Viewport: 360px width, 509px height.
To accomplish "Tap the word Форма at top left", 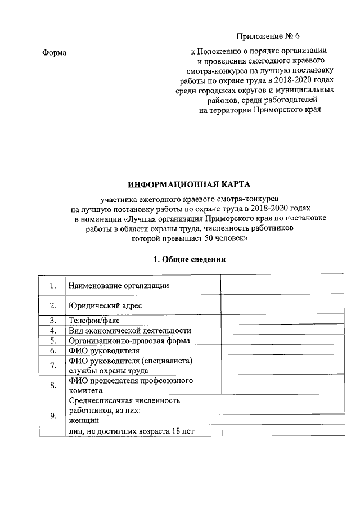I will click(x=55, y=53).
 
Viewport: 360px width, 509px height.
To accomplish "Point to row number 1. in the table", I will click(x=52, y=286).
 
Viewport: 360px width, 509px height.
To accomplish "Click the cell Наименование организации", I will click(x=119, y=286).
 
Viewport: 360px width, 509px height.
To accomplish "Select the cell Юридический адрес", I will click(x=105, y=306).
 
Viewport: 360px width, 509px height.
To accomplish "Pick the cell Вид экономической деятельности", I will click(x=129, y=331).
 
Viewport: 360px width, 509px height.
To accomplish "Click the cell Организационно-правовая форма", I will click(x=129, y=341).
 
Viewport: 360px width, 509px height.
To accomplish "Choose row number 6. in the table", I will click(x=52, y=351).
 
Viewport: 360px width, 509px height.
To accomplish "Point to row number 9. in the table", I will click(x=52, y=416).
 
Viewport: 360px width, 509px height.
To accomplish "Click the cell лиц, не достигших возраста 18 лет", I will click(x=134, y=431).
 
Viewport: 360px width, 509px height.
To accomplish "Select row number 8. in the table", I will click(x=52, y=385).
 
